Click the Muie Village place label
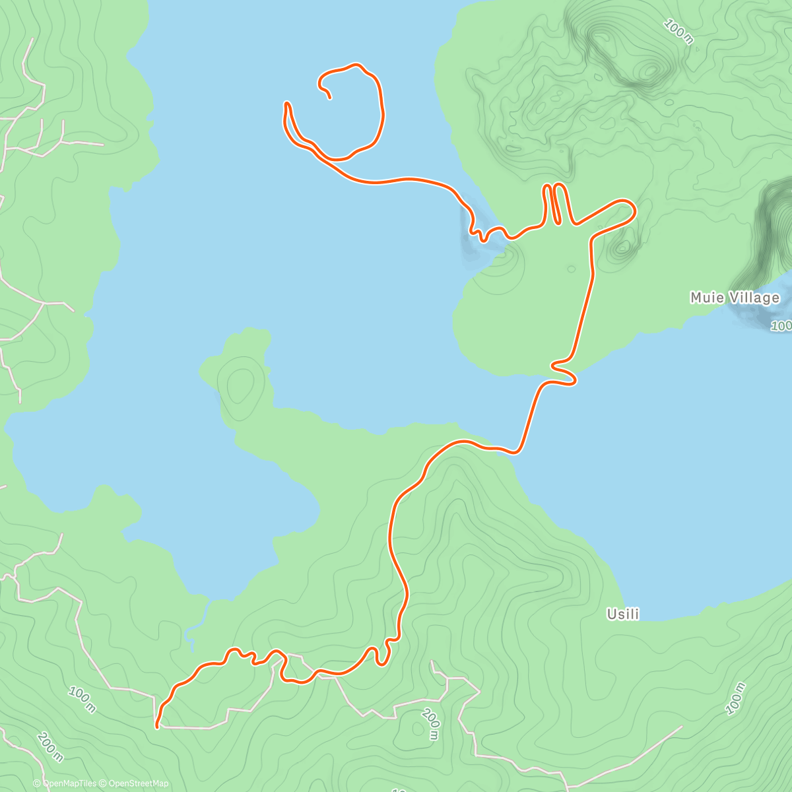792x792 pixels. pyautogui.click(x=735, y=298)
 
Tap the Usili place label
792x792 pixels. pyautogui.click(x=623, y=614)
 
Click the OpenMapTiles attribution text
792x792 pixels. pyautogui.click(x=69, y=783)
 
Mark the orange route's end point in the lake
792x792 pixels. pyautogui.click(x=329, y=98)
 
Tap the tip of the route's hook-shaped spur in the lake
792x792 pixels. pyautogui.click(x=286, y=104)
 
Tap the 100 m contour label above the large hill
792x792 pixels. pyautogui.click(x=678, y=31)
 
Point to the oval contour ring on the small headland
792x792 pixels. pyautogui.click(x=240, y=385)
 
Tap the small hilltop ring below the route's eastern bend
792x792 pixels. pyautogui.click(x=622, y=249)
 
